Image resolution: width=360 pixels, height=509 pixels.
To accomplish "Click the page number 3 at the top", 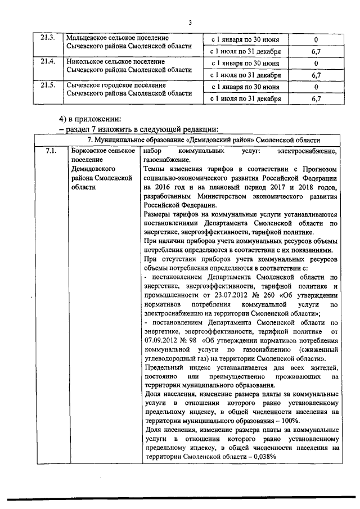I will [x=190, y=22].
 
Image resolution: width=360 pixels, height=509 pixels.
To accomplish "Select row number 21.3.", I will [x=48, y=39].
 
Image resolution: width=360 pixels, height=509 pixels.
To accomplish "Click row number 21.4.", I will [x=48, y=62].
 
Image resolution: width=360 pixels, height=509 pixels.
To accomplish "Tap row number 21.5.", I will [x=48, y=86].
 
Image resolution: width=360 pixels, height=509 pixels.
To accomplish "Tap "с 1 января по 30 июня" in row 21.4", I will [x=245, y=63].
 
